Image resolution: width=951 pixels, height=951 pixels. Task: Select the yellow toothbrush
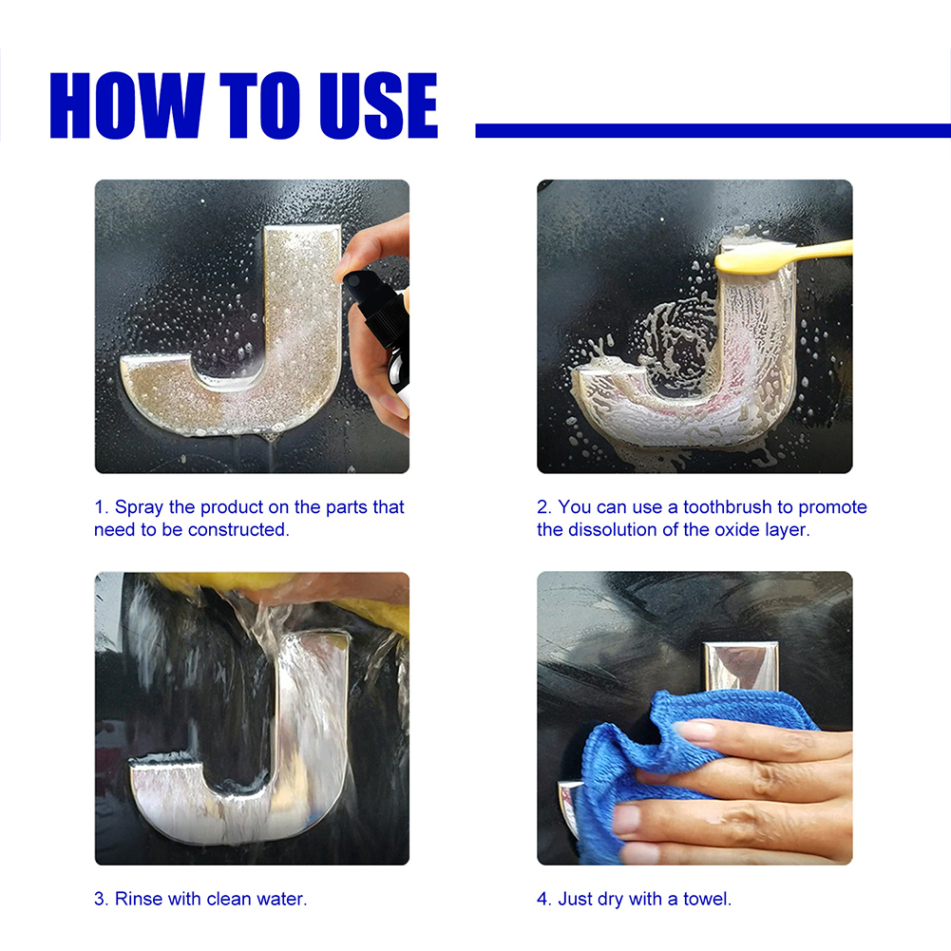coord(779,255)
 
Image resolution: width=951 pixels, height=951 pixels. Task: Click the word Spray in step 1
coord(140,507)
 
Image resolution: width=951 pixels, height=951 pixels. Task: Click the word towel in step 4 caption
coord(707,898)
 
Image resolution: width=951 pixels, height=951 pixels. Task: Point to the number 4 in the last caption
coord(542,898)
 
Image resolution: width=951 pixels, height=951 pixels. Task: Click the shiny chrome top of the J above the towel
coord(741,665)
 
